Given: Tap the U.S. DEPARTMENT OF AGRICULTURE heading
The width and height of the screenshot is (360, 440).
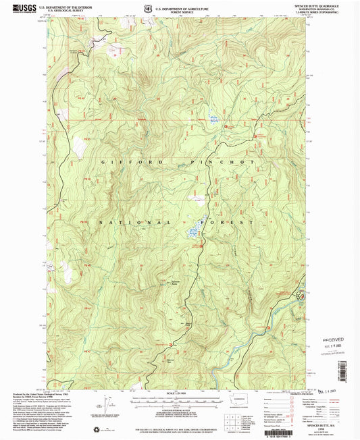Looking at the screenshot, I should (x=180, y=6).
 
